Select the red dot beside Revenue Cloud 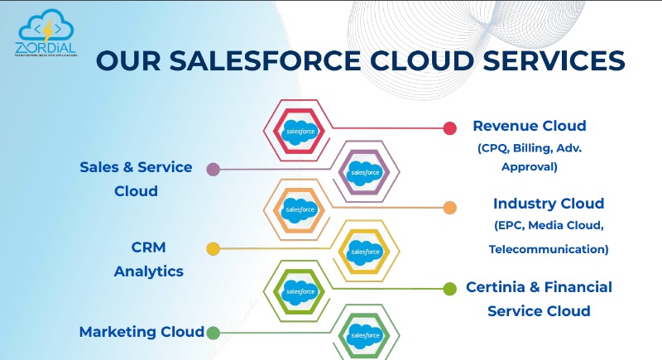pos(450,128)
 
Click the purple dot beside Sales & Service pos(213,169)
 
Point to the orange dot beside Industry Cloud pos(450,208)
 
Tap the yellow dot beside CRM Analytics pos(213,248)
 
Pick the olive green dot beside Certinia pos(450,289)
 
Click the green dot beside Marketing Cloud pos(213,333)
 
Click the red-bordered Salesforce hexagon pos(300,131)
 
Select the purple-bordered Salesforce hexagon pos(365,171)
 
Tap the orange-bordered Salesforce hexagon pos(300,210)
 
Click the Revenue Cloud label pos(529,126)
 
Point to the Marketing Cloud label pos(142,332)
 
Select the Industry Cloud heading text pos(549,204)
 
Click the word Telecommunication pos(548,249)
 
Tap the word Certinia pos(499,287)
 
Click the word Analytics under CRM pos(149,271)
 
